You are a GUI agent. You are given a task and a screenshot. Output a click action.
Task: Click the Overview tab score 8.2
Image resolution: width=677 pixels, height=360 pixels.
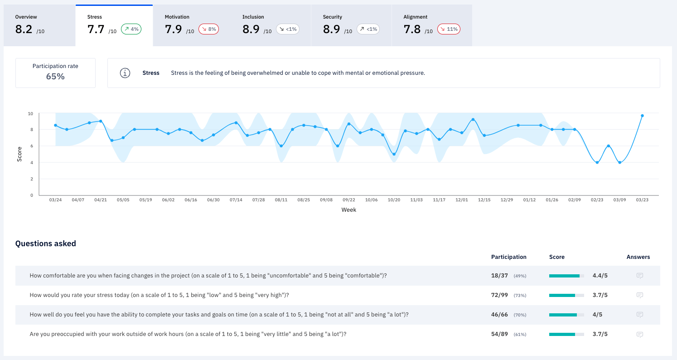coord(24,29)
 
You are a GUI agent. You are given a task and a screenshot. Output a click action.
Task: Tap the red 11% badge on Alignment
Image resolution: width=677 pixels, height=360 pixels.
coord(449,29)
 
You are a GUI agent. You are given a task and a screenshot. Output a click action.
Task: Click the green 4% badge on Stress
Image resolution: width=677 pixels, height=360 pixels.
coord(131,29)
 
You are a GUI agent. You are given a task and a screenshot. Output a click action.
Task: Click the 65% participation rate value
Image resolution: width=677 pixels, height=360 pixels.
coord(55,77)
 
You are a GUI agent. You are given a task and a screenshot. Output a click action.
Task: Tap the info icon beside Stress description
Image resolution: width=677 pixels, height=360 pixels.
coord(125,73)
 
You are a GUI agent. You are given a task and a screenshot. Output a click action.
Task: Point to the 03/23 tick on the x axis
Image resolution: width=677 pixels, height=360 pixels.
coord(642,200)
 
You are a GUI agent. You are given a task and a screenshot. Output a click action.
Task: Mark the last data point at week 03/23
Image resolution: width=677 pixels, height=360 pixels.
coord(642,116)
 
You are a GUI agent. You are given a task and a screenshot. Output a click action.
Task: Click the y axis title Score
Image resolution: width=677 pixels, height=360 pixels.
coord(19,154)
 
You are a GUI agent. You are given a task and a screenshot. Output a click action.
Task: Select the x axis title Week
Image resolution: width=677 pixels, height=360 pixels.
coord(348,210)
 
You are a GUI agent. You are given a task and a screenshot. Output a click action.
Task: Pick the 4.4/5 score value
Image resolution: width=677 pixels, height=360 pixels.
coord(600,276)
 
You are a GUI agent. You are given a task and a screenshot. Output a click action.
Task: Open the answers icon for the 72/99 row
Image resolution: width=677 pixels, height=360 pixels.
coord(640,295)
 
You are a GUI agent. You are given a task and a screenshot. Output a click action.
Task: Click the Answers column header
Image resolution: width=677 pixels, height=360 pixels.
coord(638,257)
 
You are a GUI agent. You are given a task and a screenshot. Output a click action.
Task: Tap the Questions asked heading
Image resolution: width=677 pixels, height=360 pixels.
coord(46,243)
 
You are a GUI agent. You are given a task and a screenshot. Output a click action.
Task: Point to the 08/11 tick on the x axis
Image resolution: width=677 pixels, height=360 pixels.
coord(281,200)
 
